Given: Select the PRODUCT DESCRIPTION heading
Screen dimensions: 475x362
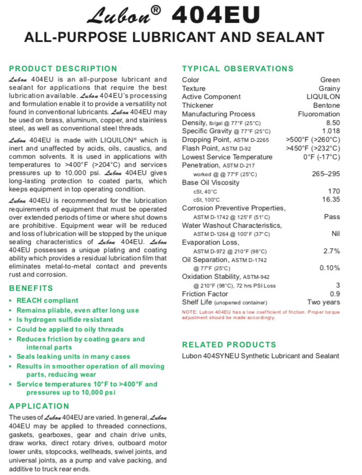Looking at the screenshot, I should click(63, 68).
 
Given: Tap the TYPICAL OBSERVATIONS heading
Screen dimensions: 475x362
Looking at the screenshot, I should click(238, 68).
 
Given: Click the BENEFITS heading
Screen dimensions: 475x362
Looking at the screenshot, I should click(31, 287).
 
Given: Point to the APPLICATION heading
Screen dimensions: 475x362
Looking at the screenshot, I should click(40, 406).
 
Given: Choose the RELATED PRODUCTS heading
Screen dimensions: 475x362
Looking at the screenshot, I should click(229, 345).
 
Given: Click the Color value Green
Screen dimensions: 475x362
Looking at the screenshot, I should click(330, 80).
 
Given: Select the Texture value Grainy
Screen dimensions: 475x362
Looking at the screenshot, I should click(329, 89).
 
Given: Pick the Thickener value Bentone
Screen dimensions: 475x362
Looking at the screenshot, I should click(327, 105).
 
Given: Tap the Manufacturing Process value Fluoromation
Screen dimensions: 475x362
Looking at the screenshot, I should click(319, 114).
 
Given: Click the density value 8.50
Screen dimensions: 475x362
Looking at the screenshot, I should click(333, 123).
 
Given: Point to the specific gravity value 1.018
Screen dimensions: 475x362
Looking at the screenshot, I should click(331, 131).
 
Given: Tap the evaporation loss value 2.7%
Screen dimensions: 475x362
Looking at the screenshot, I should click(332, 251).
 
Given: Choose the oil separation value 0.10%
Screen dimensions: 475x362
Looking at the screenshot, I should click(329, 268).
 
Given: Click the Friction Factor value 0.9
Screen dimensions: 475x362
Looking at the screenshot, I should click(335, 293).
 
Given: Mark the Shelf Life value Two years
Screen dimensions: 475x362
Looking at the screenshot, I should click(324, 302).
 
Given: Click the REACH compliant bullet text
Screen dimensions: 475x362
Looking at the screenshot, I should click(47, 301).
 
